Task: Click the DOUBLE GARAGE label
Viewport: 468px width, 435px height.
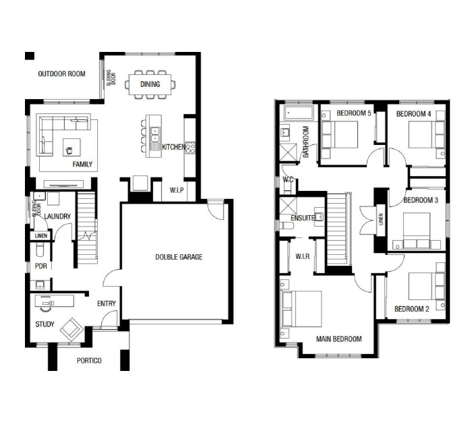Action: (x=179, y=257)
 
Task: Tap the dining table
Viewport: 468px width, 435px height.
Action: (x=150, y=84)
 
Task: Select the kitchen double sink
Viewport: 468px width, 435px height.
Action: (x=155, y=134)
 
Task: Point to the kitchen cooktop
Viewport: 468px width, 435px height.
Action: (x=190, y=148)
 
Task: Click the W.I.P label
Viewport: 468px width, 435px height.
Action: (x=177, y=190)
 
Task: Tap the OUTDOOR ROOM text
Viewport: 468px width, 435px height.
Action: (x=62, y=74)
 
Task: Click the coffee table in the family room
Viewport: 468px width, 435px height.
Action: (x=71, y=147)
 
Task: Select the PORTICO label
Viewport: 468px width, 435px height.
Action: (x=89, y=361)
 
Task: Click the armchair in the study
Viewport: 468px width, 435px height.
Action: (x=71, y=330)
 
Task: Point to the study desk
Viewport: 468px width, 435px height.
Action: (x=55, y=300)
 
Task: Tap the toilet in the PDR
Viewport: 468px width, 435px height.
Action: (x=40, y=250)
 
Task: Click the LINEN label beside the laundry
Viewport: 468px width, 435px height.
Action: (x=41, y=236)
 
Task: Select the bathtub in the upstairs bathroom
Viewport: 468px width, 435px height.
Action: (x=299, y=113)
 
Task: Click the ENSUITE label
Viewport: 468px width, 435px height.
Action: (x=302, y=218)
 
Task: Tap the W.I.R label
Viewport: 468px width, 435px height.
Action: (x=302, y=256)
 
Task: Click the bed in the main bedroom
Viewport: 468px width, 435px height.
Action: (x=301, y=309)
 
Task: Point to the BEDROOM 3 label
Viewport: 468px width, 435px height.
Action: (x=421, y=200)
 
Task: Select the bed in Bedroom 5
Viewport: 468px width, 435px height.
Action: (x=340, y=135)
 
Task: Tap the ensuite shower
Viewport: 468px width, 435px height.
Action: (x=289, y=206)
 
